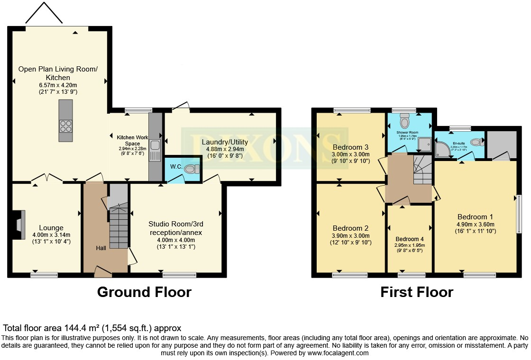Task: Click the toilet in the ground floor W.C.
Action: click(191, 169)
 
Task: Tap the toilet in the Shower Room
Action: click(404, 122)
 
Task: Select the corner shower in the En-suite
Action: click(442, 150)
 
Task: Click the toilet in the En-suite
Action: click(476, 142)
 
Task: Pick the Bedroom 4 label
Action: click(410, 239)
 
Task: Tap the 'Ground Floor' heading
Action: click(144, 292)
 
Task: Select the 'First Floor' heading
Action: click(417, 292)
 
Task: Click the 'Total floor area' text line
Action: click(92, 328)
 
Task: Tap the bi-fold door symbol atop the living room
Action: click(44, 13)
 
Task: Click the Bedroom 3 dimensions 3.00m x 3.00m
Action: click(351, 154)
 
